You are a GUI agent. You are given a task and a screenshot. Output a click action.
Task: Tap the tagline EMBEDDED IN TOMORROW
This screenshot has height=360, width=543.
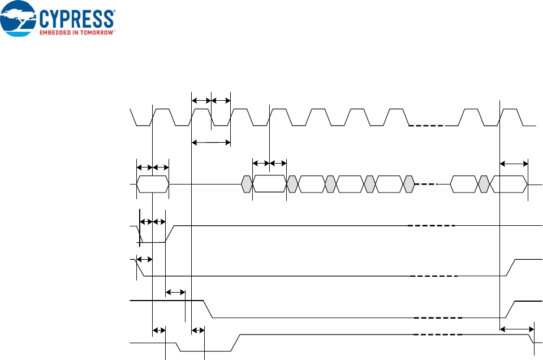coord(77,33)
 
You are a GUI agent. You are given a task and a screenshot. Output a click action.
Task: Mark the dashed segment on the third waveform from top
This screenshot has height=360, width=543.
coord(431,226)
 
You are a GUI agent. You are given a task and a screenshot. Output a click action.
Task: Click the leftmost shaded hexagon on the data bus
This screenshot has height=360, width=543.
coord(247,185)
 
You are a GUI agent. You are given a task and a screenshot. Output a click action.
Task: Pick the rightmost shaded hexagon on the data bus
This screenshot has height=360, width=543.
coord(484,185)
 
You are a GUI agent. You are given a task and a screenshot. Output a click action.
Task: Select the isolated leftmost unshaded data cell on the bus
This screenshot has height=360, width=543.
coord(153,185)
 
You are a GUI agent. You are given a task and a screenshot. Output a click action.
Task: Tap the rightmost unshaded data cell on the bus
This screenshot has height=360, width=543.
coord(509,185)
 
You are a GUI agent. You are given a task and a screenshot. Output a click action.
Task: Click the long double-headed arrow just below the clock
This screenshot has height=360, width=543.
coord(211,142)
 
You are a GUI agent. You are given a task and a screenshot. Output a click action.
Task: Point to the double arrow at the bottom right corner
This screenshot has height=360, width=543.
coord(516,329)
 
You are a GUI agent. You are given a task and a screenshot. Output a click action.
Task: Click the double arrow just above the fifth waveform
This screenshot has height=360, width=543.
coord(175,293)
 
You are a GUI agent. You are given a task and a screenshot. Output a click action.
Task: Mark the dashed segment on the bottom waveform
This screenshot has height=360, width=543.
coord(438,335)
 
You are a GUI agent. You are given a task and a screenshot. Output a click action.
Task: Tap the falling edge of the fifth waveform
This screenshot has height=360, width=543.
coord(208,309)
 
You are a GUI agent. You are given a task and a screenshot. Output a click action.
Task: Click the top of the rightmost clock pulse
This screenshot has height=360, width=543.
coord(512,108)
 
